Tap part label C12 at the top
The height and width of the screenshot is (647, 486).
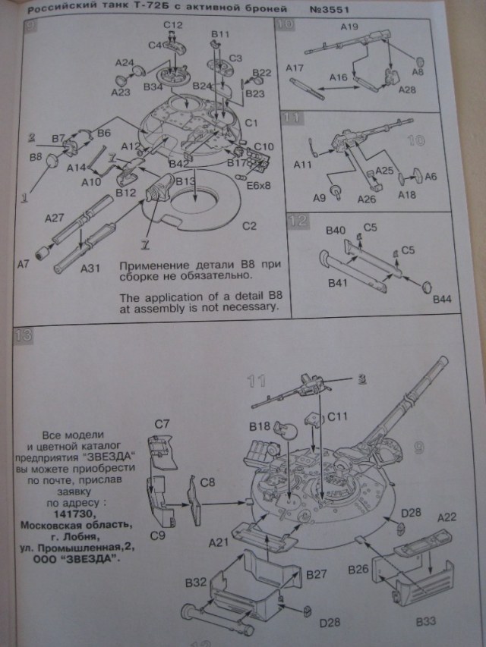click(172, 26)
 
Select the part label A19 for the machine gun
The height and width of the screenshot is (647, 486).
click(349, 27)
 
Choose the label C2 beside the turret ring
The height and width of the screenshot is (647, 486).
click(249, 226)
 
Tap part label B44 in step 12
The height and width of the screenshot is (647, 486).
click(442, 300)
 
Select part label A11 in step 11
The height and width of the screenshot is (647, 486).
click(303, 165)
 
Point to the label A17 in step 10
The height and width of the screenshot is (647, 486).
click(295, 68)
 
